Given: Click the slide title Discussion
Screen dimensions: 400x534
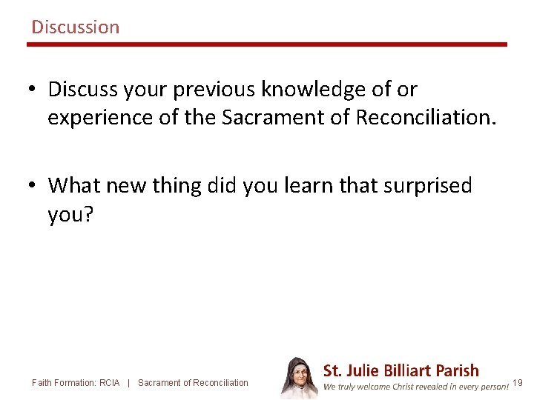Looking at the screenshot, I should coord(75,27).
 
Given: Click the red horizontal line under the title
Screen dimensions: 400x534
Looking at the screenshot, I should coord(267,44).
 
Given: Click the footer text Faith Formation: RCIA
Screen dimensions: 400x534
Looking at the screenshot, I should coord(76,383).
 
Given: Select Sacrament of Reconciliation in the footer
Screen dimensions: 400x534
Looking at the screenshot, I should coord(193,383).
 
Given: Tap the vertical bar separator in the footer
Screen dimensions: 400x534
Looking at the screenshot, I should coord(129,383).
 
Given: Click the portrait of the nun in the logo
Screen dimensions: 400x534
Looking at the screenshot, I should coord(299,378).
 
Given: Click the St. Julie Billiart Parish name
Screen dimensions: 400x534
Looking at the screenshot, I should coord(401,370).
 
